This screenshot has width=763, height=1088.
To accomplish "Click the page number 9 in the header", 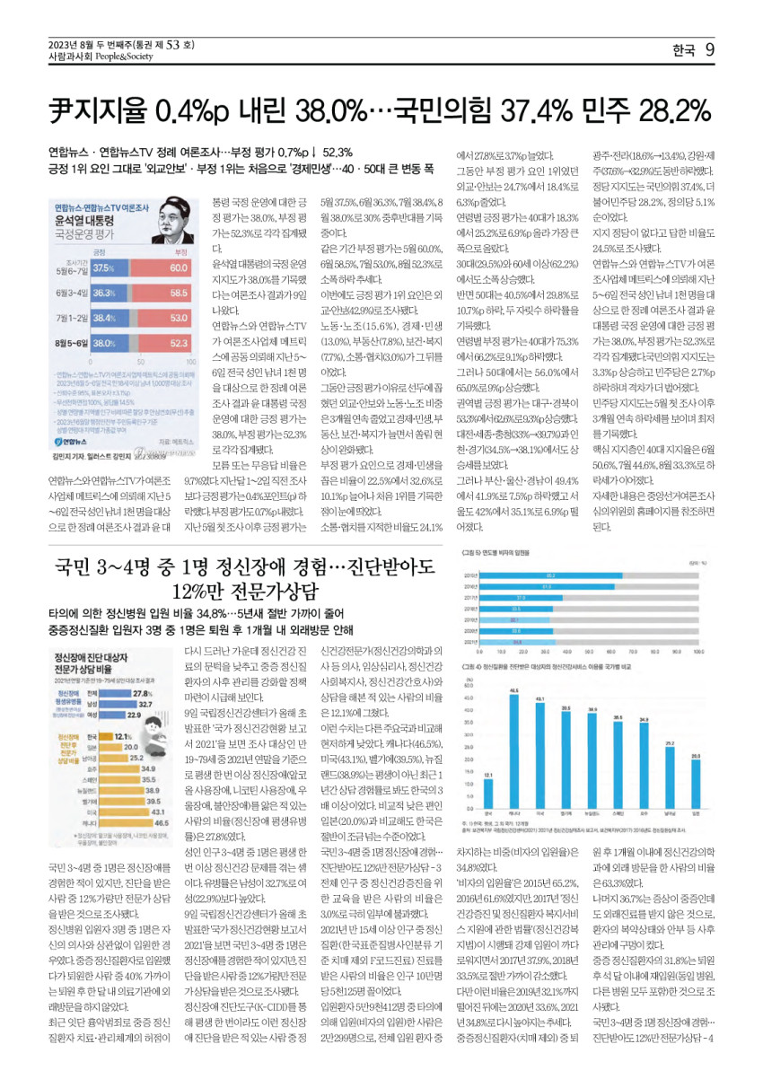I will [x=709, y=50].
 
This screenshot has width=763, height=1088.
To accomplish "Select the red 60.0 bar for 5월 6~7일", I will [x=154, y=268].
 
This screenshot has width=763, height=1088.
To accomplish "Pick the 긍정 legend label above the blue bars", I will [x=100, y=252].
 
